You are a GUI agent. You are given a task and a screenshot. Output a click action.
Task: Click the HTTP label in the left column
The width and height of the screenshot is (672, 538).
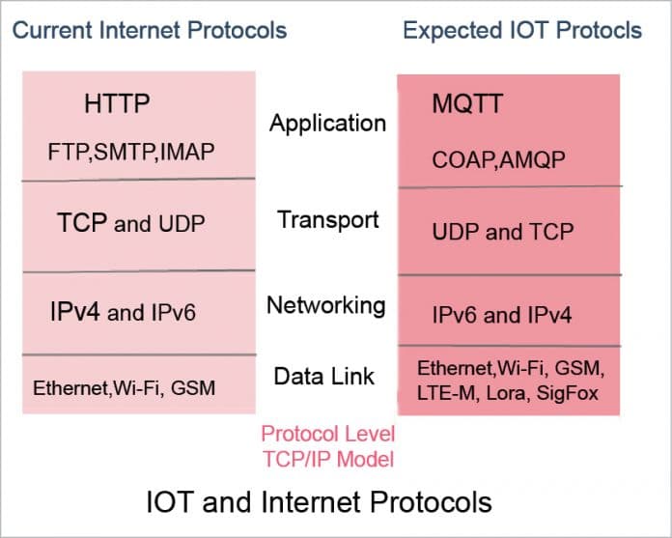(117, 103)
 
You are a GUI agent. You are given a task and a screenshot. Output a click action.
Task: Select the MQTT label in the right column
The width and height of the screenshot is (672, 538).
(467, 103)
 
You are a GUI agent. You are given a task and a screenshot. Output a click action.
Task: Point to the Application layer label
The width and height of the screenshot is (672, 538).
(327, 124)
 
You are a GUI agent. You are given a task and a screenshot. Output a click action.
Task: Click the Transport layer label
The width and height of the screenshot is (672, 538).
(328, 219)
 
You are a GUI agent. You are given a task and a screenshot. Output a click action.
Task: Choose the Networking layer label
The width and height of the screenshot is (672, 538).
(326, 305)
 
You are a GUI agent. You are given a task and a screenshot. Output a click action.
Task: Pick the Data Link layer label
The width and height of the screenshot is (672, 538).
(325, 376)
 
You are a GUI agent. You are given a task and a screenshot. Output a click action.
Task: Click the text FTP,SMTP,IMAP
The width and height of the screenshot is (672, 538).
(131, 152)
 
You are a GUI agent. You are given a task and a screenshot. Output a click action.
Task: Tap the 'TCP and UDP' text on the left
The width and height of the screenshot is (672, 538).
(131, 224)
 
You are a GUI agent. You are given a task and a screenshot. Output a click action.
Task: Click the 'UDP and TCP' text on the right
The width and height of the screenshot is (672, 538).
(502, 232)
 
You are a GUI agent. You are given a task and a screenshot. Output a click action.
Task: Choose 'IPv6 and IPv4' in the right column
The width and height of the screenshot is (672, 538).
(501, 315)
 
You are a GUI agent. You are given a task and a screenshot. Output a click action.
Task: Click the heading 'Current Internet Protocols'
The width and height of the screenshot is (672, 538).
(150, 30)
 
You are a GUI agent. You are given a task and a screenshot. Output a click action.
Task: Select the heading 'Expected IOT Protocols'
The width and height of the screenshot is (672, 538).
(521, 30)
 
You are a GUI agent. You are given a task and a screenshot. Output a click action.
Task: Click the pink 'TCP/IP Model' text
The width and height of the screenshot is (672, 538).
(328, 459)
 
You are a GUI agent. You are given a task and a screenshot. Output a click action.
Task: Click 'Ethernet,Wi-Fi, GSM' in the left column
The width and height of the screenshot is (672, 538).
(124, 388)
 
